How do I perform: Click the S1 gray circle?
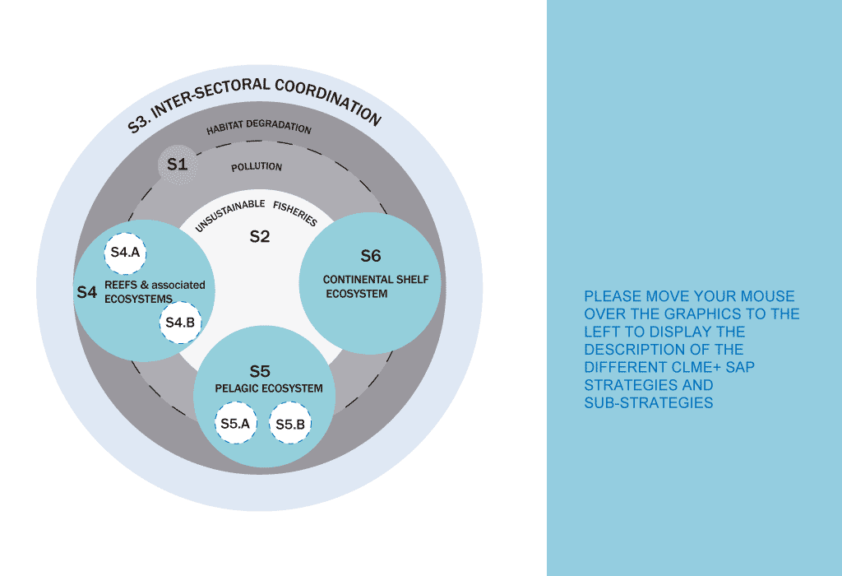coord(177,165)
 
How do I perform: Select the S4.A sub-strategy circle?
coord(125,253)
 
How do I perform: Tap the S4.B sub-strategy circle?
coord(179,323)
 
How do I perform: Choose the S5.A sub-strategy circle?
coord(235,424)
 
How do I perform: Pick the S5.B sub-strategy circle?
coord(290,424)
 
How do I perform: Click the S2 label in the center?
coord(260,237)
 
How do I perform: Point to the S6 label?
coord(371,256)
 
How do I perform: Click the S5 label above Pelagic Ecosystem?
coord(260,371)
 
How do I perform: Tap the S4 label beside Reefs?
coord(87,292)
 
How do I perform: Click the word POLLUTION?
coord(257,167)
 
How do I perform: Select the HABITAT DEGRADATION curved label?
coord(258,128)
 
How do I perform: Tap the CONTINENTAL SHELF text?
coord(376,280)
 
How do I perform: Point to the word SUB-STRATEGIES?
coord(649,403)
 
